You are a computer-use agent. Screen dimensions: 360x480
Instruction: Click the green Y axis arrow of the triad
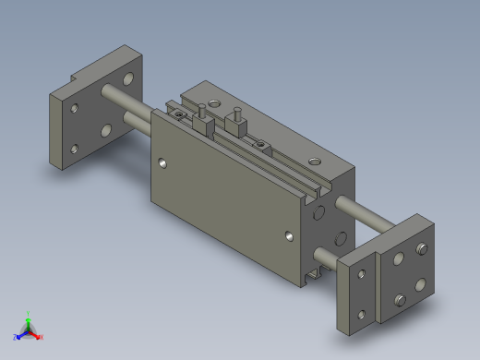(28, 316)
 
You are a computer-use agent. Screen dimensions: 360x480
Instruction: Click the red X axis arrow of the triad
(39, 336)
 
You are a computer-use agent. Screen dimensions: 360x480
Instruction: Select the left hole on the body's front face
(163, 163)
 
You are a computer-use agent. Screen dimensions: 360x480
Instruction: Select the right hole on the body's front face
(291, 237)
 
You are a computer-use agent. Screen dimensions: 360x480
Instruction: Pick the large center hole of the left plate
(107, 130)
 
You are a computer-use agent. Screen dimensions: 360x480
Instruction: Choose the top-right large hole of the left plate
(131, 78)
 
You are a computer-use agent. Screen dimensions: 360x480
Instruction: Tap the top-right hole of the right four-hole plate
(422, 248)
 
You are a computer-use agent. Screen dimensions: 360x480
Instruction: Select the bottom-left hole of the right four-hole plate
(400, 299)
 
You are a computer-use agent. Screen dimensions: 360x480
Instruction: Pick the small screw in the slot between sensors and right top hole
(262, 144)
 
